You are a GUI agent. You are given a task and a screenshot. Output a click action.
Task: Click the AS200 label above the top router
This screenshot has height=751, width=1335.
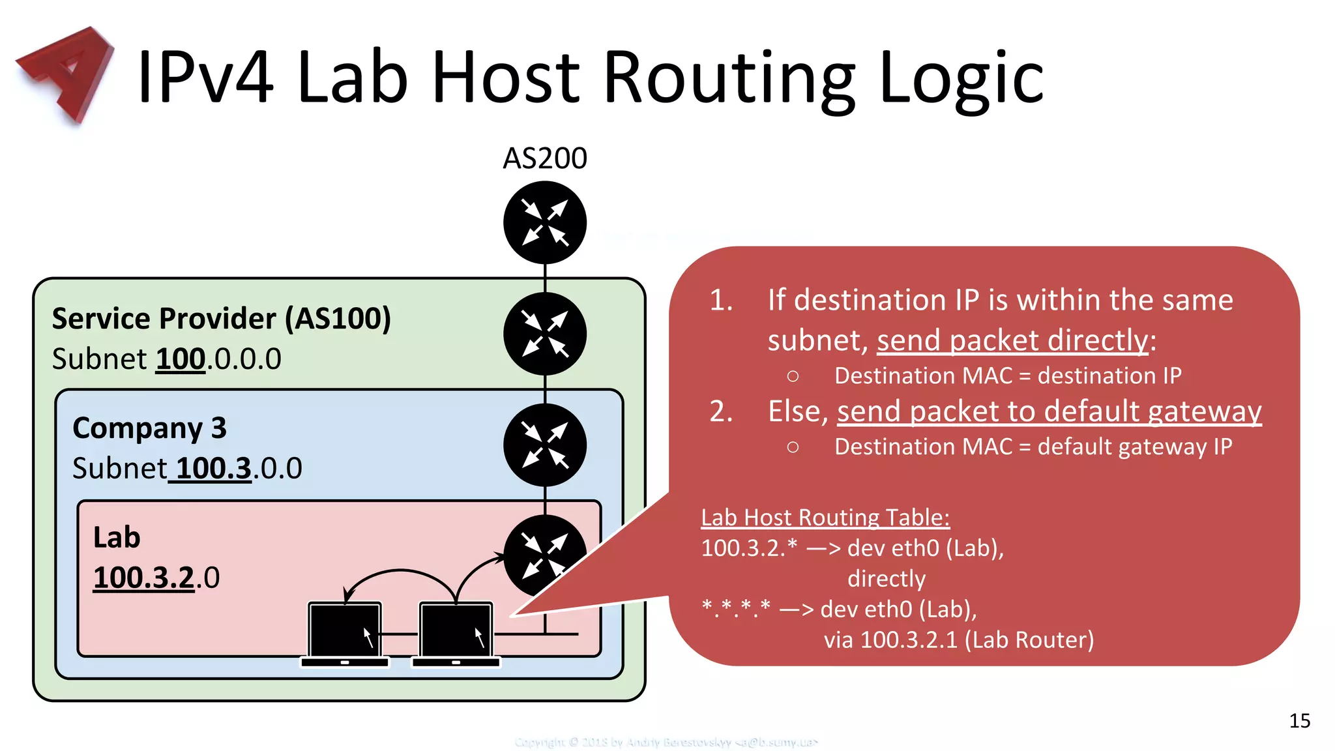point(545,158)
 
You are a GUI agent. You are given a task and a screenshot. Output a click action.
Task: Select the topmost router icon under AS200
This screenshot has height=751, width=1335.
point(545,222)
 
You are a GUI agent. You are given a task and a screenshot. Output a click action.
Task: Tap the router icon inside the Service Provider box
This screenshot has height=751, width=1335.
point(545,334)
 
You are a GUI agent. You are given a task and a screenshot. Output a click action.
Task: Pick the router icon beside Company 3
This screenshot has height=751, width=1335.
point(545,445)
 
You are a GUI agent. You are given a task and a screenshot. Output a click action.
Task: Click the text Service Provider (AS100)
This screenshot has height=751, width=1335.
point(222,319)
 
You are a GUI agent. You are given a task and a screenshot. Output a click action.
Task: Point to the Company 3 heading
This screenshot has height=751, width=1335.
point(149,428)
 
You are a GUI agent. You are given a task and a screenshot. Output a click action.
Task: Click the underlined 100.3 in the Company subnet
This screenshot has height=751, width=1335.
point(213,469)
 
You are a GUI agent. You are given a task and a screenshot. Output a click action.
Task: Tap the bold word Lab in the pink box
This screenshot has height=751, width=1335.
point(117,538)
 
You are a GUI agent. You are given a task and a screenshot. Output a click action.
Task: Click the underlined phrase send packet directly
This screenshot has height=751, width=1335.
point(1012,340)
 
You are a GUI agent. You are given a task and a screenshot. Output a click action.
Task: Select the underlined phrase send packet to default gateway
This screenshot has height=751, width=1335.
point(1049,411)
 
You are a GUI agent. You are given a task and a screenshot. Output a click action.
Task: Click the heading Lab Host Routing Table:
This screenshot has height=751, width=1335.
point(825,518)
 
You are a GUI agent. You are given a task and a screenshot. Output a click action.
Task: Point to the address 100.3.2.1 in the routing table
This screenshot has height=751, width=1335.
point(909,640)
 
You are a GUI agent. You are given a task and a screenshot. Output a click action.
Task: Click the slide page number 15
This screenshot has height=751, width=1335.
point(1299,720)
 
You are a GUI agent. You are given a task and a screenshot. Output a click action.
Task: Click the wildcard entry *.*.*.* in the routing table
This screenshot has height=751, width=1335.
point(736,609)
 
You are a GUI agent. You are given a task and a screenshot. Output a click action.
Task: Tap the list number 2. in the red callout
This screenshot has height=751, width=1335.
point(721,411)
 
